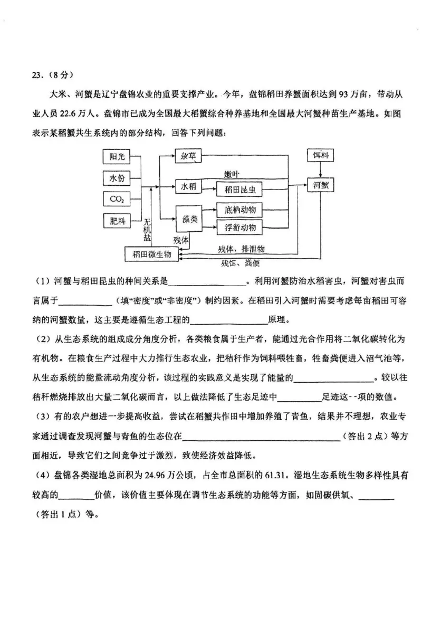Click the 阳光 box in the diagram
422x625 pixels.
click(x=117, y=157)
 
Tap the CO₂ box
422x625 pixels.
click(x=117, y=199)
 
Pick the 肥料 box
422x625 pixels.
click(x=117, y=221)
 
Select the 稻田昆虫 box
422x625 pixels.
click(x=240, y=190)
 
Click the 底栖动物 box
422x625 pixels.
click(x=240, y=210)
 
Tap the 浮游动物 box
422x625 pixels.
click(x=240, y=228)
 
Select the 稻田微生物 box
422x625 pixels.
click(x=152, y=254)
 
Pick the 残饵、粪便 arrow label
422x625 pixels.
click(x=241, y=262)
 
